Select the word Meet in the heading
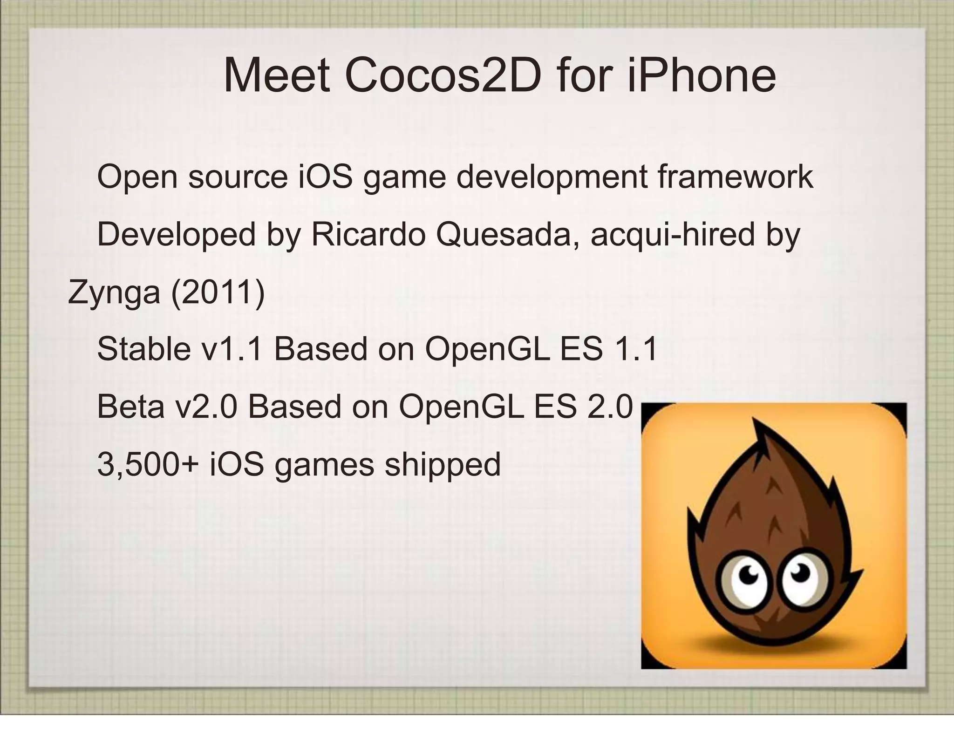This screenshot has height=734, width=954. tap(277, 76)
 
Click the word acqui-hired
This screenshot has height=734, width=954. tap(672, 235)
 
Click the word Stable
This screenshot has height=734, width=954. tap(144, 349)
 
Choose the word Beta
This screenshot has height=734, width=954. tap(130, 407)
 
